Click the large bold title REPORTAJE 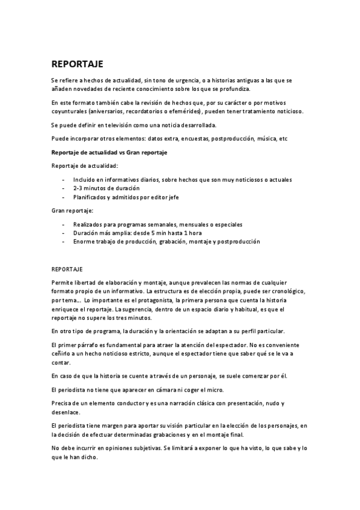point(78,64)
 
